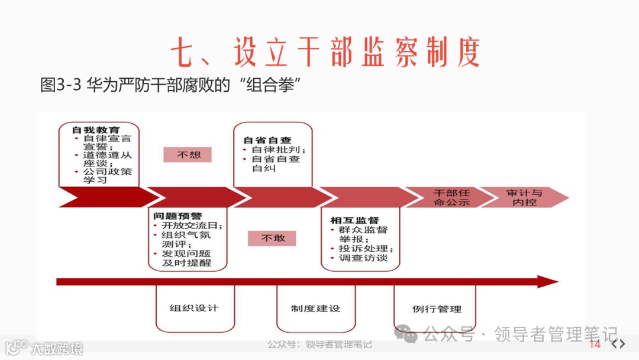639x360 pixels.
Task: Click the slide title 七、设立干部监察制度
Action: [x=325, y=53]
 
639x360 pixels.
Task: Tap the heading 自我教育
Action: [x=95, y=129]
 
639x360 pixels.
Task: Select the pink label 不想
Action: [x=188, y=155]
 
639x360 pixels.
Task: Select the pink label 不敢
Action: [x=272, y=237]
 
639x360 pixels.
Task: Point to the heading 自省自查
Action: [x=267, y=140]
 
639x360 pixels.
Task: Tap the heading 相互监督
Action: [x=354, y=220]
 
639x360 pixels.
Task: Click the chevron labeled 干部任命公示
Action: [x=451, y=197]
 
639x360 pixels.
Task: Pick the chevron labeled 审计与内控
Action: [x=524, y=197]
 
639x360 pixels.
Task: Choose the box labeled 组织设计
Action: [x=194, y=308]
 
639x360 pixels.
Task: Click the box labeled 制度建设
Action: [x=315, y=308]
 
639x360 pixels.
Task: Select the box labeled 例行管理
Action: [x=437, y=308]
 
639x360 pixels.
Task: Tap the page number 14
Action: [x=595, y=345]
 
